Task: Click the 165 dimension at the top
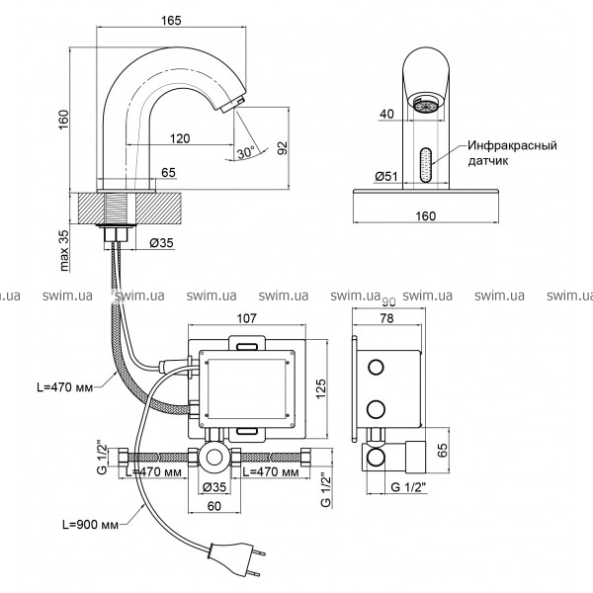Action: [x=171, y=20]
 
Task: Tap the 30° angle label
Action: [x=246, y=152]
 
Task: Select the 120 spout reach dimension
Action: [x=180, y=138]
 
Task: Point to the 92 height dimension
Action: [x=283, y=148]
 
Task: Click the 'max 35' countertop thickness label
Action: [x=64, y=250]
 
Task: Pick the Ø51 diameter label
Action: [x=386, y=176]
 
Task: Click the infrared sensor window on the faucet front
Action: [x=426, y=167]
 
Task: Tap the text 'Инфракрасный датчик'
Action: [x=512, y=153]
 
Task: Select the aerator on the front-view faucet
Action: [x=426, y=104]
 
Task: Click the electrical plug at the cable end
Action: [x=234, y=558]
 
